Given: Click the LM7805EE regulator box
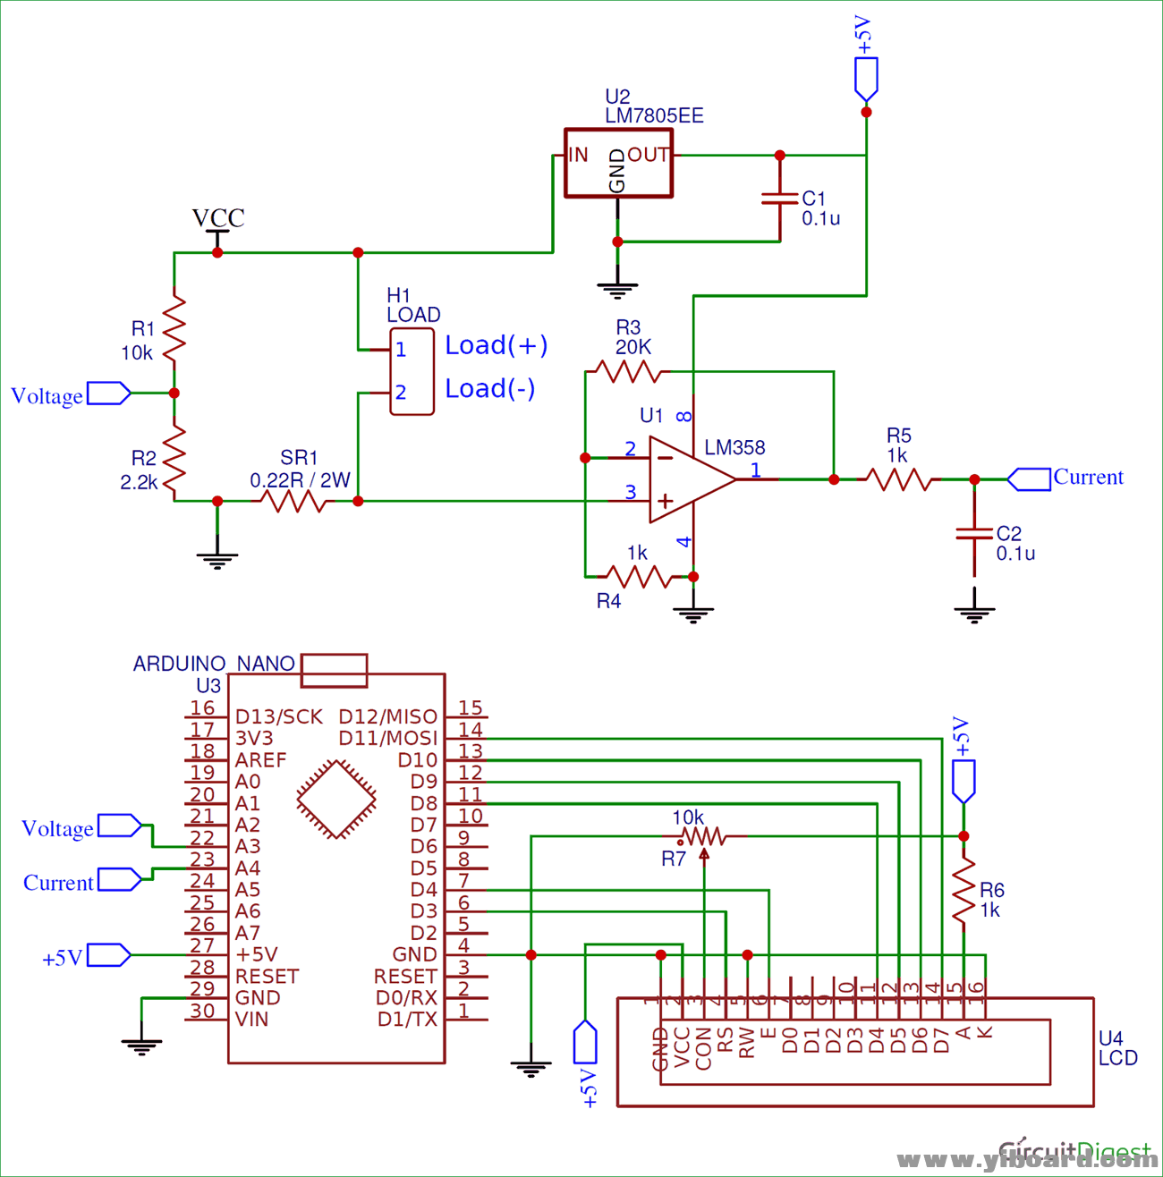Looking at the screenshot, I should [x=618, y=163].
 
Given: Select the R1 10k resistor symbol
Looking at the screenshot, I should [x=174, y=326].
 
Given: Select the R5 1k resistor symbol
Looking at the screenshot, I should [x=899, y=479].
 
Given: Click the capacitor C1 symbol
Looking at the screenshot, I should [x=779, y=199].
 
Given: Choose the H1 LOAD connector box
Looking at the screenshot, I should [x=412, y=371].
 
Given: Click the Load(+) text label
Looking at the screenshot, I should [x=497, y=345].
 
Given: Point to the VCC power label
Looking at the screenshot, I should [x=218, y=218].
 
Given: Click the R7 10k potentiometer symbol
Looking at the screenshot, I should [x=703, y=836].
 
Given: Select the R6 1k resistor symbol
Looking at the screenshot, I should [x=964, y=892].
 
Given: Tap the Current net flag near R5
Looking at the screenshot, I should [x=1030, y=479].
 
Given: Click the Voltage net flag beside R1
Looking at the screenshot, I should [x=108, y=394].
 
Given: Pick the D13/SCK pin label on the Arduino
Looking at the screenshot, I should [x=278, y=717].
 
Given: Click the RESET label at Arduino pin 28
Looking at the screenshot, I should [x=267, y=977].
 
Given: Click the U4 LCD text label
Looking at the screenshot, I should [x=1117, y=1048].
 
